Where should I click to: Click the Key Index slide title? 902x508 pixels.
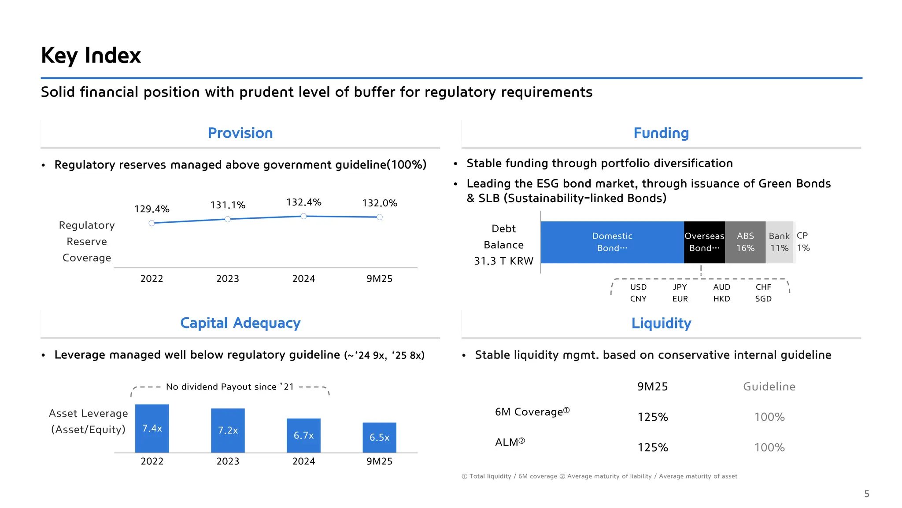(x=91, y=56)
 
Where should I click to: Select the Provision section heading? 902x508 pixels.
(x=240, y=133)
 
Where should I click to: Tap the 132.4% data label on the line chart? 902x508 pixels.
(x=303, y=202)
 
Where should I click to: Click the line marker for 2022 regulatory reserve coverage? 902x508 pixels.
(x=152, y=223)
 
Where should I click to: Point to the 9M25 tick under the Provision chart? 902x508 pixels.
(x=379, y=279)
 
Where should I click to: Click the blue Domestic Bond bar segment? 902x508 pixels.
(x=612, y=242)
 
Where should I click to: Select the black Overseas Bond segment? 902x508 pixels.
(x=704, y=242)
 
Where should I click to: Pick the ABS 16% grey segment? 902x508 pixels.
(x=745, y=242)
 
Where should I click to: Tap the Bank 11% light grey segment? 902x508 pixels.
(x=779, y=242)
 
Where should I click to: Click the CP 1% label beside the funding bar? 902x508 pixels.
(x=803, y=242)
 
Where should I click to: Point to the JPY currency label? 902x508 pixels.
(x=680, y=287)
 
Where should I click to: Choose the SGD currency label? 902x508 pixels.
(x=763, y=299)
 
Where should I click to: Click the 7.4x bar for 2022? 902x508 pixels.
(x=152, y=428)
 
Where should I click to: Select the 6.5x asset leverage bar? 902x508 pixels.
(x=379, y=437)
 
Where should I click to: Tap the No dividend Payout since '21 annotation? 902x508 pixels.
(x=229, y=387)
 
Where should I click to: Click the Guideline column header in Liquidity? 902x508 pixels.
(x=769, y=387)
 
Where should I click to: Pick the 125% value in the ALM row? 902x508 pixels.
(x=653, y=448)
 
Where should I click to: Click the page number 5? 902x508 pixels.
(x=866, y=494)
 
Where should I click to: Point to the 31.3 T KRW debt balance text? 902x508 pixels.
(x=503, y=261)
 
